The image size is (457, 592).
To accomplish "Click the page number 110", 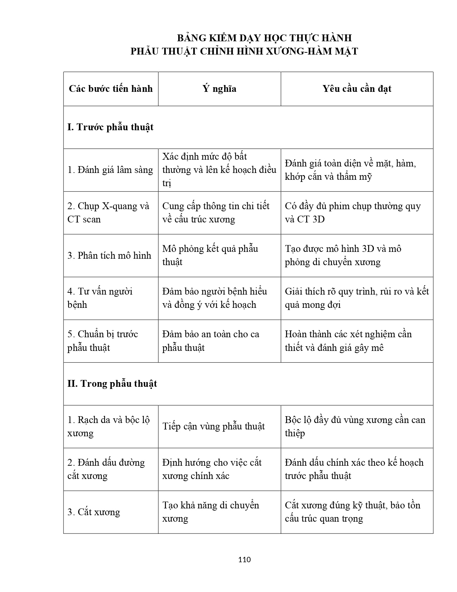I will (x=244, y=560).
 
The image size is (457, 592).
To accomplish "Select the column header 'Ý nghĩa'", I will (x=219, y=89).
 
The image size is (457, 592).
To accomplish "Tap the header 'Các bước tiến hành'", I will (x=111, y=89).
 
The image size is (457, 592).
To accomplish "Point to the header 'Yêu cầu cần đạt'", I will (x=357, y=89).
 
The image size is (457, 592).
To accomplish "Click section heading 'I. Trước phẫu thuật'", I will (x=110, y=127).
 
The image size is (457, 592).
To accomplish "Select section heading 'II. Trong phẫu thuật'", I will (x=112, y=384).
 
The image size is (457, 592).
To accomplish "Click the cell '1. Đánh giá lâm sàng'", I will (x=110, y=170).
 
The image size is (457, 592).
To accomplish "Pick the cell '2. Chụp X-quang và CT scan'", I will (x=108, y=213).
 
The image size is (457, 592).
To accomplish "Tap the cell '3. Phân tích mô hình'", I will (x=109, y=256).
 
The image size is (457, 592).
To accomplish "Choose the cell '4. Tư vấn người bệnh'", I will (x=100, y=298).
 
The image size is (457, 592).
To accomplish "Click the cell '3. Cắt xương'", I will (x=94, y=512).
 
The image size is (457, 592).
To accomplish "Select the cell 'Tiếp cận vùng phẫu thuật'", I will (x=214, y=427).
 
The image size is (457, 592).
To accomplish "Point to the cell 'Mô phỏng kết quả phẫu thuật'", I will (x=210, y=255).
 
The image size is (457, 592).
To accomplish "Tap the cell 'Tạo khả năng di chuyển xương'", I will (x=211, y=512).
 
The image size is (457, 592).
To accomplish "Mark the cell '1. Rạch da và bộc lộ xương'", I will (x=108, y=427).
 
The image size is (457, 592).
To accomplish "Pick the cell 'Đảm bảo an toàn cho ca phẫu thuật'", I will (x=211, y=341).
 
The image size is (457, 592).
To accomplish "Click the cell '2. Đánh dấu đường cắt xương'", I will (x=106, y=469).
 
